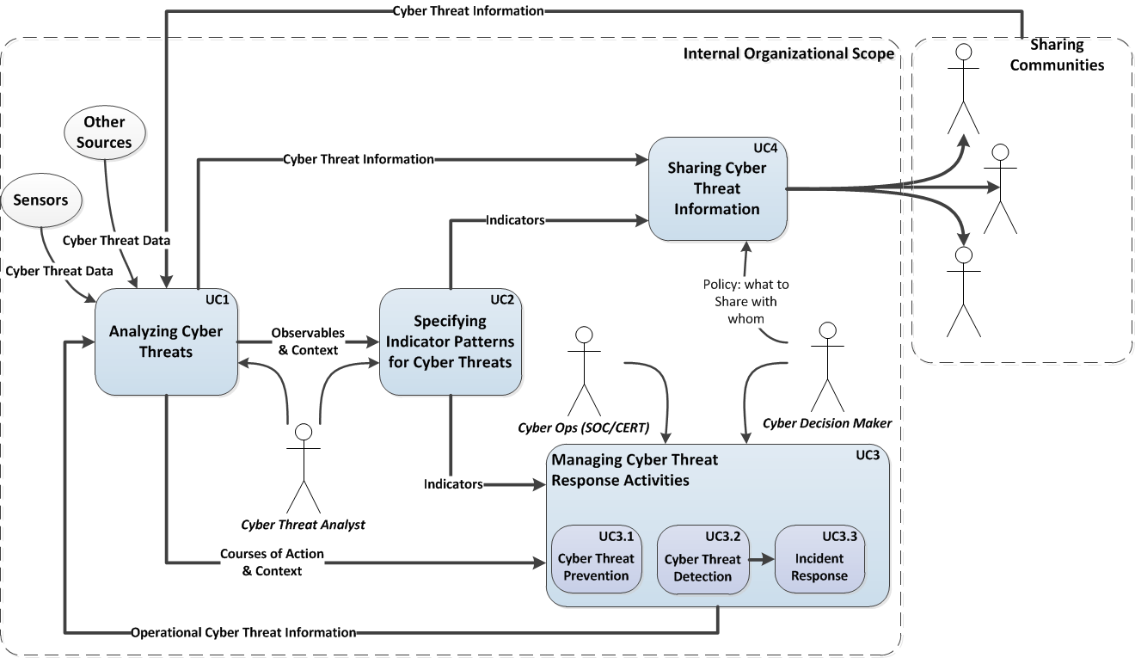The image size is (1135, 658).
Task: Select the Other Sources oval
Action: point(104,132)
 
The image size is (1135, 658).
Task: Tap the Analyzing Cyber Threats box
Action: point(166,341)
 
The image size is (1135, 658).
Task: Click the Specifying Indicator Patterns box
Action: point(450,341)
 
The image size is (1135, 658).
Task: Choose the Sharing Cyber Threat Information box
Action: point(716,188)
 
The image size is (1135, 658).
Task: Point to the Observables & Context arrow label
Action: point(307,341)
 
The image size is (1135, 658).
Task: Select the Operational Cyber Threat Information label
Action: point(243,632)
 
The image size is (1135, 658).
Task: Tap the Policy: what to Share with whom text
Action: point(745,301)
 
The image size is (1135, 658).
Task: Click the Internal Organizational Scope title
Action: point(788,53)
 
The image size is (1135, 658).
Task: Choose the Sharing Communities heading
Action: point(1057,54)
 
